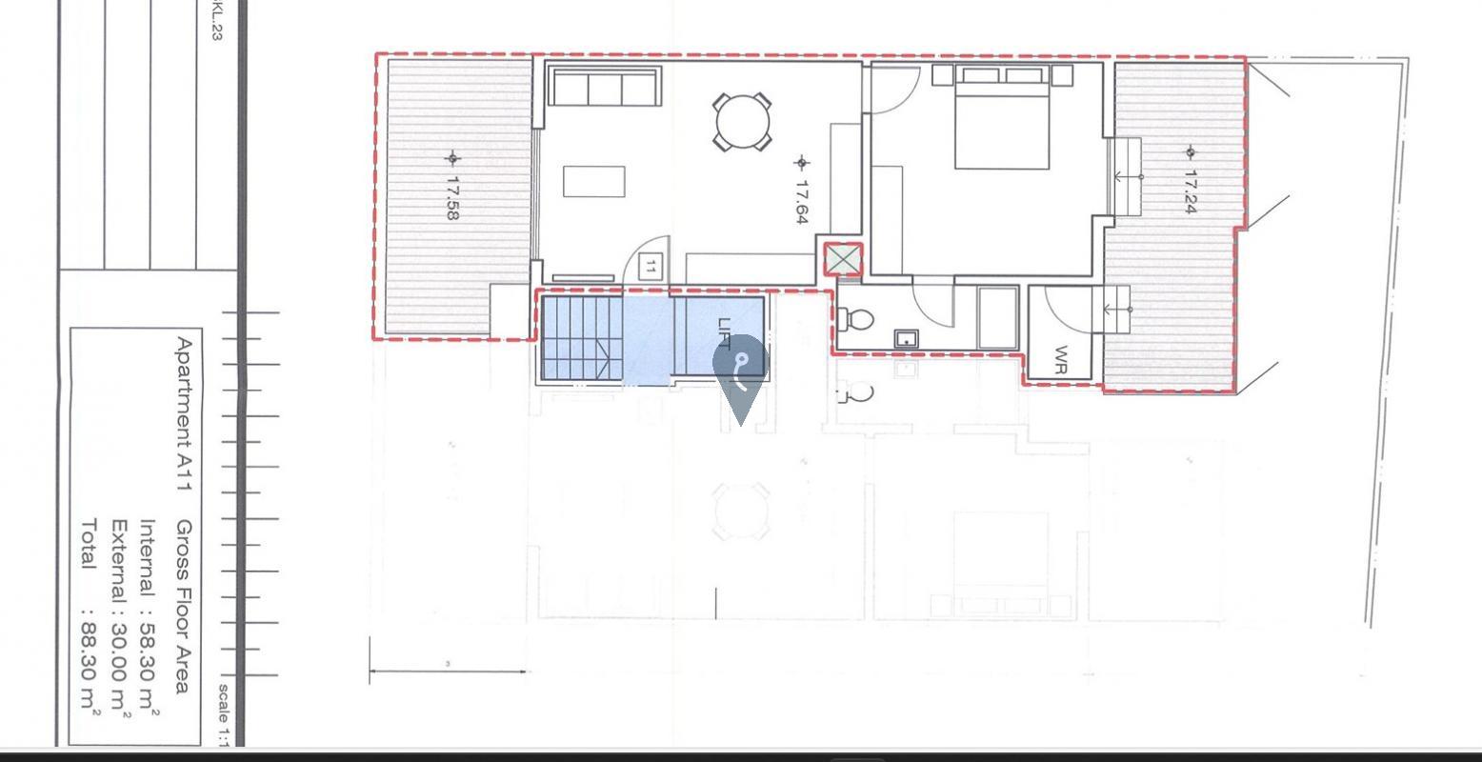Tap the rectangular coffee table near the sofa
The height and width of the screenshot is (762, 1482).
(593, 181)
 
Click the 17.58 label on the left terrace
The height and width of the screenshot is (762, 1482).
(452, 197)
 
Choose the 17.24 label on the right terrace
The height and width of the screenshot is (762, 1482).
(1191, 190)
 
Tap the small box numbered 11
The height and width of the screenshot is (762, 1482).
(651, 268)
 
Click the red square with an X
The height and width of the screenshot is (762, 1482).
(843, 260)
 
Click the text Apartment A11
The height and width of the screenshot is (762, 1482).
(184, 413)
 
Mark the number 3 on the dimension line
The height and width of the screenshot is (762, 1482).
(448, 664)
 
